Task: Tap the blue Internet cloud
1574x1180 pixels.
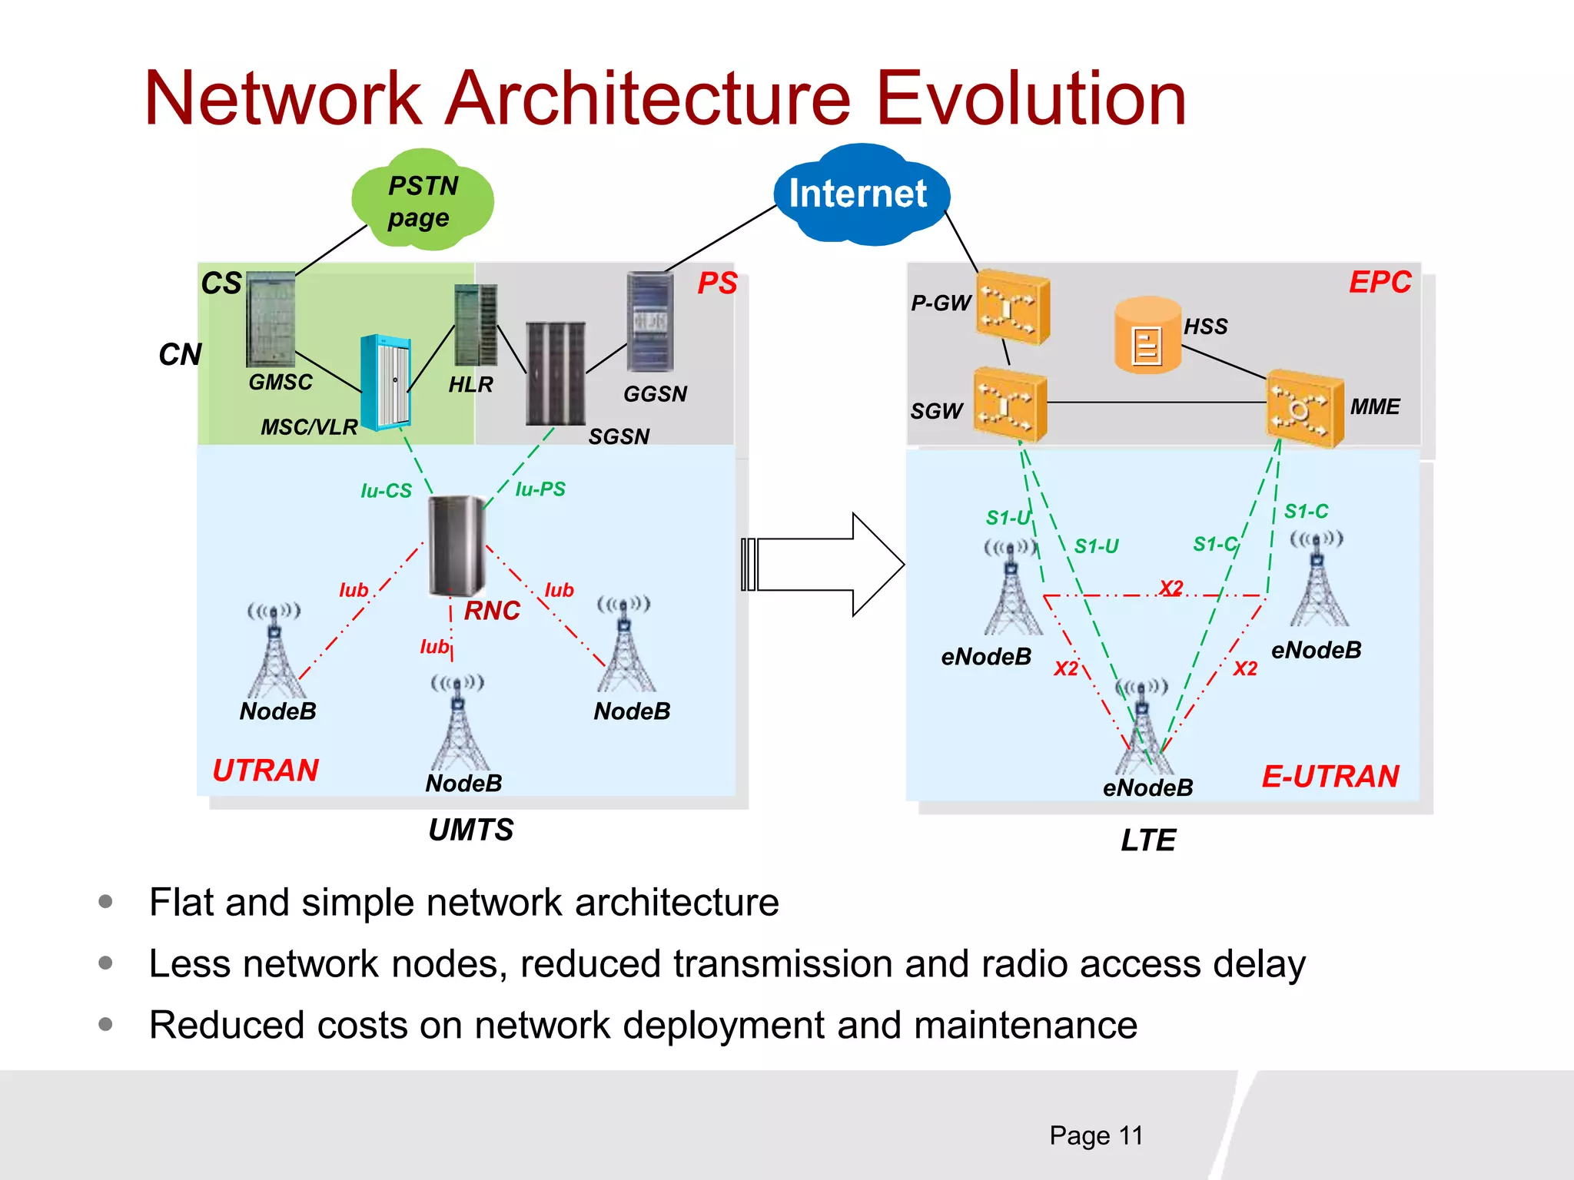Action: point(859,194)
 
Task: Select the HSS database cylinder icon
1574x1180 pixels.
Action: point(1147,336)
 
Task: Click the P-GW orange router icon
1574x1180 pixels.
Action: point(1011,307)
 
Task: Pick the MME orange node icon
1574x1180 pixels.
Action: point(1303,408)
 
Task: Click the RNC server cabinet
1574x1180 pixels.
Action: point(457,546)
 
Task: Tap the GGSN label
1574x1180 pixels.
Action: point(655,394)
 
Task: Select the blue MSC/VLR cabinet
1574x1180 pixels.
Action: point(386,382)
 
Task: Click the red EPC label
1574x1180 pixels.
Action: point(1380,282)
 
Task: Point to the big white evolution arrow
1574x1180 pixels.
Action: point(822,565)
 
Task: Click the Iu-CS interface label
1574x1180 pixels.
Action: point(386,491)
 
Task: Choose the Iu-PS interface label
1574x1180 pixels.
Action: point(540,489)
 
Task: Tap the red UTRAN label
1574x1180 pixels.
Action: point(265,771)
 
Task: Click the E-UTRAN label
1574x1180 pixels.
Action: point(1330,777)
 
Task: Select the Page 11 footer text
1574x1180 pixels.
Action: point(1096,1135)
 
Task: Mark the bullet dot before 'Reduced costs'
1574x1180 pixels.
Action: point(106,1024)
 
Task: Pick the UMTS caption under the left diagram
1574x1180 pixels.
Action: point(470,830)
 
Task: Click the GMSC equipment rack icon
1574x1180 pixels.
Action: point(271,319)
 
